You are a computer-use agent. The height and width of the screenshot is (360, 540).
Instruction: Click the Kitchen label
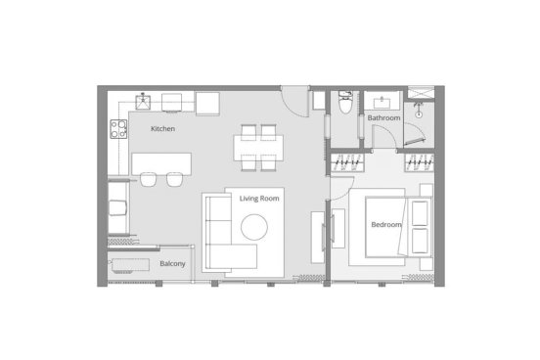coord(163,129)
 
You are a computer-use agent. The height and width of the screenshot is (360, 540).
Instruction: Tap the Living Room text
coord(259,199)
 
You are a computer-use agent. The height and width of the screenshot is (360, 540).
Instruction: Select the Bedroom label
coord(386,225)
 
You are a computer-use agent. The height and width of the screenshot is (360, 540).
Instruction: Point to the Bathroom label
coord(383,117)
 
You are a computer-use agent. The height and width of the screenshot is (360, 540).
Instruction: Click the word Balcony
coord(172,263)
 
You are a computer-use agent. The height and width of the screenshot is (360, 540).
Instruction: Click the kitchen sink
coord(143,102)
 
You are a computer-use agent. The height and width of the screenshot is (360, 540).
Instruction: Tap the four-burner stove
coord(118,129)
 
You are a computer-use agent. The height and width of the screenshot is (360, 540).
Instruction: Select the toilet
coord(345,102)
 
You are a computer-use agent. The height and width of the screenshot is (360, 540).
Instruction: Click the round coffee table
coord(254,227)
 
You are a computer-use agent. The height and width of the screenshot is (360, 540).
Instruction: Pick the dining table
coord(258,148)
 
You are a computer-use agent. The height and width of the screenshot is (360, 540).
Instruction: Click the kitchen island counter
coord(161,164)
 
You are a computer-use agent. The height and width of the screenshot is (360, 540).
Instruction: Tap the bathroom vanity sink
coord(382,101)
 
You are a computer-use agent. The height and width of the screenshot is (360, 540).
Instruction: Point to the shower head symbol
coord(419,111)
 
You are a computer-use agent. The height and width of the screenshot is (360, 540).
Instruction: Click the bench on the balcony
coord(130,265)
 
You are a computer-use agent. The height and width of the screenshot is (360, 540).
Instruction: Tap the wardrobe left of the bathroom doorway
coord(347,162)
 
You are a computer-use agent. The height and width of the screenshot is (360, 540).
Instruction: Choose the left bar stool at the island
coord(148,179)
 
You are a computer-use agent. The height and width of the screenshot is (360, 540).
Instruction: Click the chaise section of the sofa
coord(232,256)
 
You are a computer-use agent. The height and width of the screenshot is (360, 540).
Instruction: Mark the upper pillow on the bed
coord(420,213)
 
